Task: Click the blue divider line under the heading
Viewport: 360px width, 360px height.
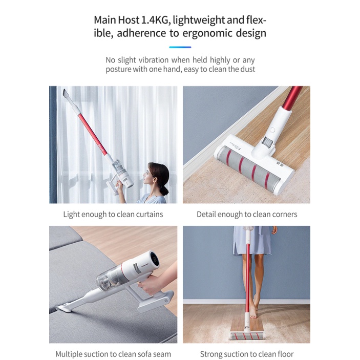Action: pos(180,47)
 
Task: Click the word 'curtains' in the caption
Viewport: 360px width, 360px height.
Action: pos(149,215)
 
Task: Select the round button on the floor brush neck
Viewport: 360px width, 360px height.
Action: pos(272,130)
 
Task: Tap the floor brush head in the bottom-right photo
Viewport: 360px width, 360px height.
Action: pos(247,335)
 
